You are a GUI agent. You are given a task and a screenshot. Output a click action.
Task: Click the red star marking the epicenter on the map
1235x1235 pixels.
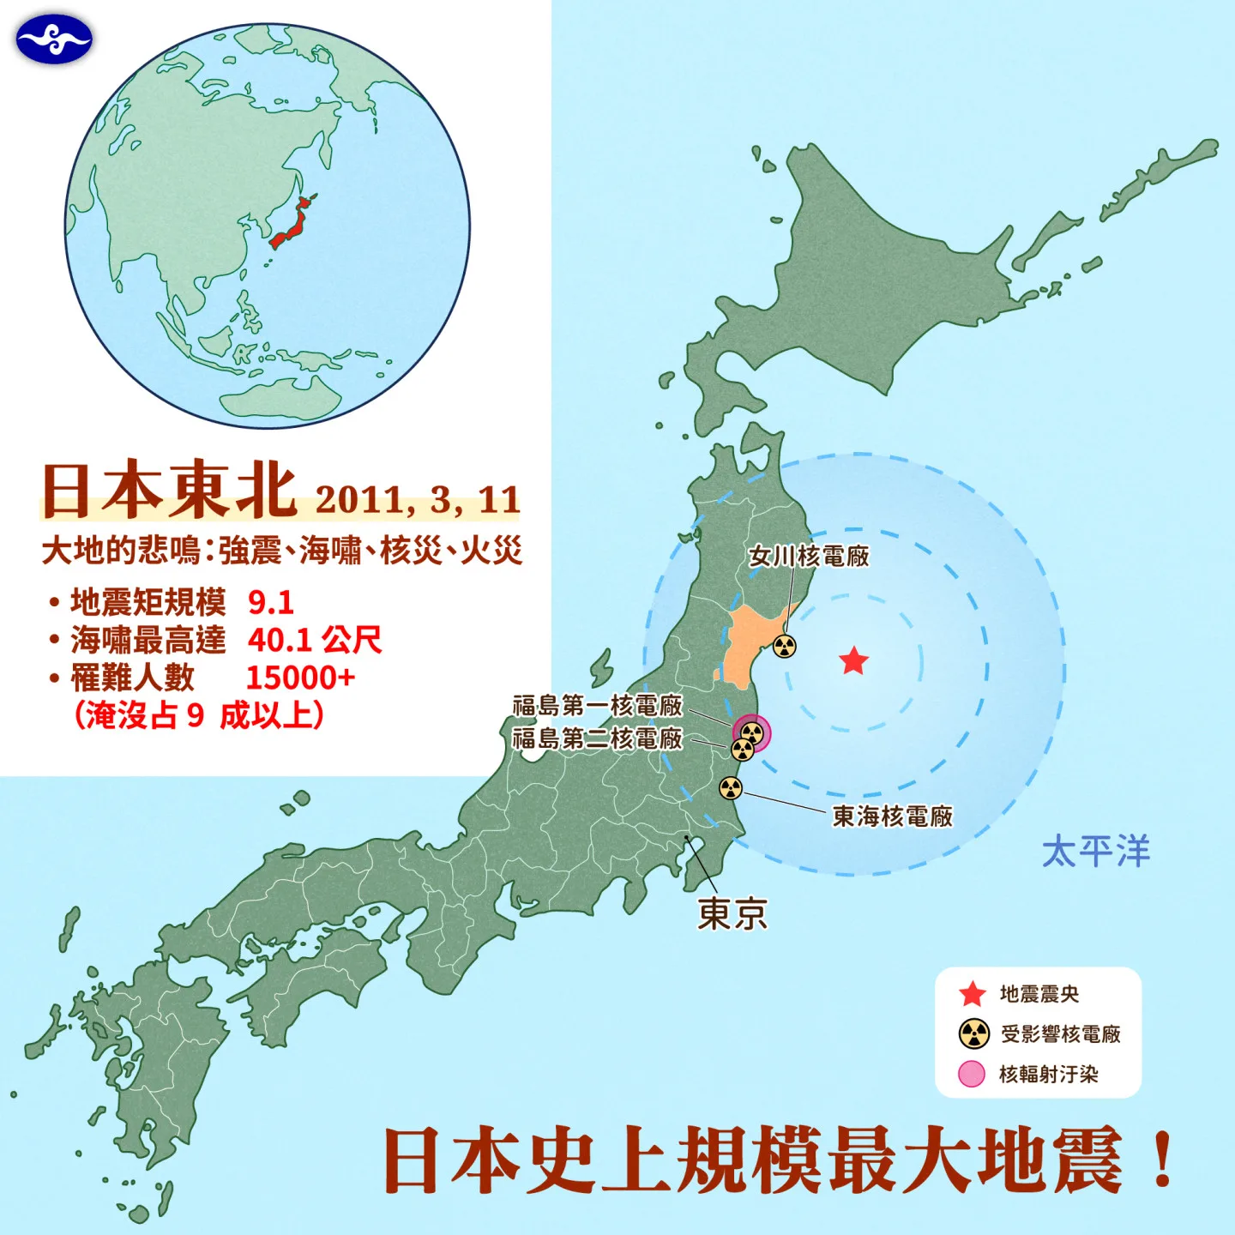click(x=853, y=661)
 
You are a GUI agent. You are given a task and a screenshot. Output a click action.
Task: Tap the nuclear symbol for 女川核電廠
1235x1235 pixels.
click(x=785, y=646)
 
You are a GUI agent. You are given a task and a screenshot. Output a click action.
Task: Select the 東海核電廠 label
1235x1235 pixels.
click(x=893, y=816)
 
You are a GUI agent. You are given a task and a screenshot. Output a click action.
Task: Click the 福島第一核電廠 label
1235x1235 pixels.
click(x=598, y=705)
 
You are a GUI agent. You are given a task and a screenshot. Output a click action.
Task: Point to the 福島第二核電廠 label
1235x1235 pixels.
click(x=598, y=738)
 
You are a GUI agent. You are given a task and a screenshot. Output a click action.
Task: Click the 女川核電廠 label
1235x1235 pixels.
click(x=809, y=556)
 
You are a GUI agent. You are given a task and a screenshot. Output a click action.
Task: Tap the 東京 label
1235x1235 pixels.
click(x=732, y=913)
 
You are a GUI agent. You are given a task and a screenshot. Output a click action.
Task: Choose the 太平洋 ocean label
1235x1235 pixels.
click(x=1095, y=851)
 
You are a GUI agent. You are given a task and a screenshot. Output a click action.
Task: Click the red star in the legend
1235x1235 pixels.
click(x=973, y=994)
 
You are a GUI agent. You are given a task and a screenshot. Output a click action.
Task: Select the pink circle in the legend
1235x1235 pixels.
click(x=972, y=1074)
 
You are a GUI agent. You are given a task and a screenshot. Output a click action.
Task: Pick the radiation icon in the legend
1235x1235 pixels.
click(x=973, y=1033)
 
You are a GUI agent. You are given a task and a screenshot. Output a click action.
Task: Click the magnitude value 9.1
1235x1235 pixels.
click(x=271, y=602)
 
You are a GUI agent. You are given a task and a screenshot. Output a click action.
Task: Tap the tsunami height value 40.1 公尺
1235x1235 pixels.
click(x=315, y=640)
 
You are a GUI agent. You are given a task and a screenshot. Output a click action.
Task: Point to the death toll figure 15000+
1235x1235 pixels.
click(x=300, y=678)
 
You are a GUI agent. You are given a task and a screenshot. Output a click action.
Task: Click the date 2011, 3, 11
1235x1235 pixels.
click(x=418, y=499)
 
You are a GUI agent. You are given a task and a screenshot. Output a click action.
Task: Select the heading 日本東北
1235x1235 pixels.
click(x=170, y=491)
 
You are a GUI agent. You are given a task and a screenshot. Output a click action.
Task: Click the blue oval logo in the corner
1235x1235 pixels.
click(x=53, y=39)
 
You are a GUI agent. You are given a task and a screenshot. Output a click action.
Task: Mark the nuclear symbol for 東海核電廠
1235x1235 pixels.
click(x=731, y=787)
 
